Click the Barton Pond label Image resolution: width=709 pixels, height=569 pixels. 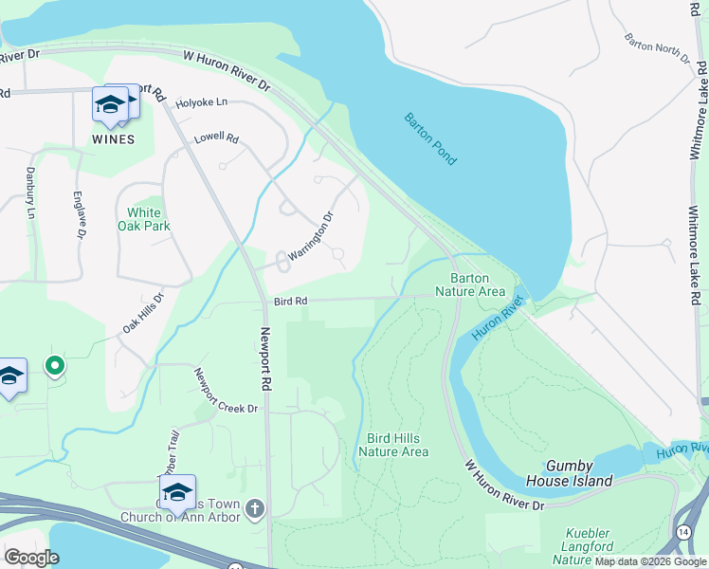(431, 139)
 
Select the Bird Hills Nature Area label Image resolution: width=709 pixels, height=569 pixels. (397, 445)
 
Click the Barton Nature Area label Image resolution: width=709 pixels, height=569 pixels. (477, 284)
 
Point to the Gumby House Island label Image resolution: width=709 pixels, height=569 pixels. (579, 473)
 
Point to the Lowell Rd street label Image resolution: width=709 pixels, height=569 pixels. (216, 138)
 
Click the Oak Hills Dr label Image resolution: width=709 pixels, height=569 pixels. (143, 312)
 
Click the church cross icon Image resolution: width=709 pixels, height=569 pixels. (253, 510)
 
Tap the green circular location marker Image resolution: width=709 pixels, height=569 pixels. (55, 365)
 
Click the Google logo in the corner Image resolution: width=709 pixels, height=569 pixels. (31, 557)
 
